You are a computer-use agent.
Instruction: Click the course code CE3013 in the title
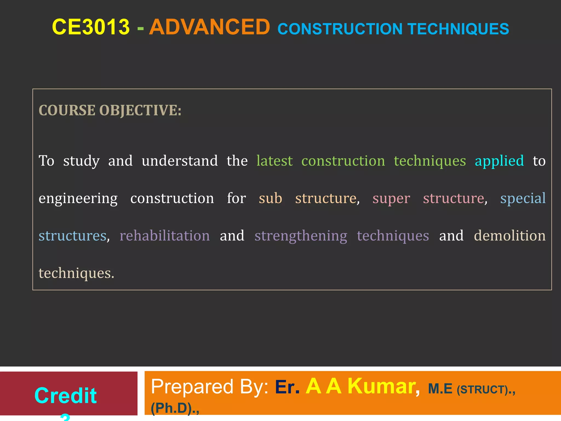[x=91, y=27]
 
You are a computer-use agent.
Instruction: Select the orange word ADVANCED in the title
[x=210, y=27]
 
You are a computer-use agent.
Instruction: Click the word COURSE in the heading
[x=67, y=110]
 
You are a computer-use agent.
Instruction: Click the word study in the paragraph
[x=81, y=161]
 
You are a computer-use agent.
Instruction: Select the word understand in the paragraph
[x=180, y=161]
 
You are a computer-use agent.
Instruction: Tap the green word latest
[x=274, y=161]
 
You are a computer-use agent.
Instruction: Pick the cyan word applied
[x=499, y=161]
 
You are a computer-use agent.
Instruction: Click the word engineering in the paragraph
[x=78, y=199]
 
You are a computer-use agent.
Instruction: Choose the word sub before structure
[x=270, y=198]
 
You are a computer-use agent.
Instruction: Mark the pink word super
[x=391, y=199]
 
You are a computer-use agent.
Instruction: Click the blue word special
[x=523, y=199]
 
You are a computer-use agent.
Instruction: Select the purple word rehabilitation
[x=165, y=236]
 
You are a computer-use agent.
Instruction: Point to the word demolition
[x=510, y=236]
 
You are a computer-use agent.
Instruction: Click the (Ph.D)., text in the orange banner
[x=175, y=408]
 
